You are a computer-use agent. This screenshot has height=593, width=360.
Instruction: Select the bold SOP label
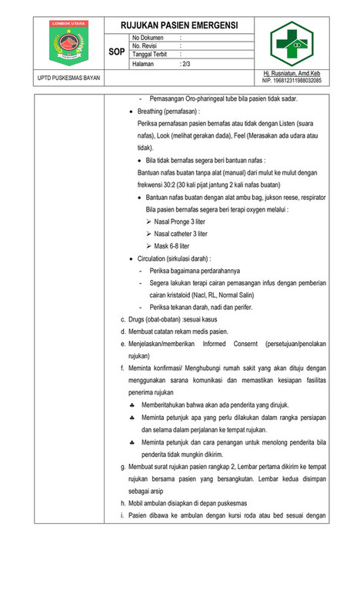(x=118, y=51)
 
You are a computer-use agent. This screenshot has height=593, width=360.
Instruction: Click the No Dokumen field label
(x=148, y=37)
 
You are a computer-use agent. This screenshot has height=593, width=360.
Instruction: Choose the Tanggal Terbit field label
(x=152, y=55)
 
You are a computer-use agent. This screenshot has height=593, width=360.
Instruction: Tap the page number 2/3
(x=185, y=65)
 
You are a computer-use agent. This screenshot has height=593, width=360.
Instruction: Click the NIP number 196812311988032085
(x=292, y=81)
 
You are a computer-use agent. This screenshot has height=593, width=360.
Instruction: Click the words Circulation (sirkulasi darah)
(x=174, y=258)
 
